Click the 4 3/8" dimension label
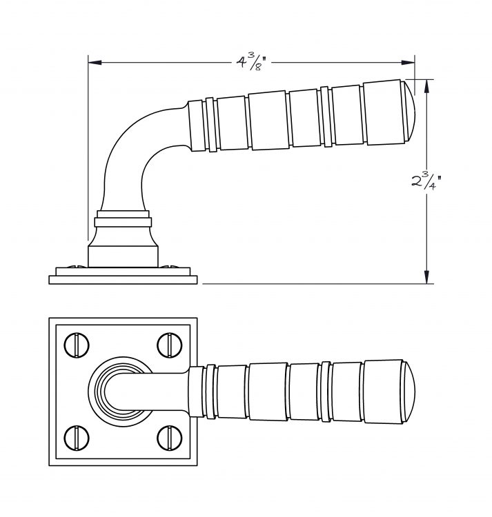[251, 62]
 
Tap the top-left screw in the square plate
[77, 345]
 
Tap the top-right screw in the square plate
[170, 345]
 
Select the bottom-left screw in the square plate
[77, 438]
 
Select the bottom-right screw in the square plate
[170, 438]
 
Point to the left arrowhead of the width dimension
[95, 62]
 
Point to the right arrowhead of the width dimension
[408, 62]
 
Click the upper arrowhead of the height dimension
[426, 86]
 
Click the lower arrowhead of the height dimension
[426, 276]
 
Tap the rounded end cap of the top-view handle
[409, 392]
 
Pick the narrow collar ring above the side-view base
[123, 222]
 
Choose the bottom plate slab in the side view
[123, 280]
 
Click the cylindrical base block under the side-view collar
[123, 256]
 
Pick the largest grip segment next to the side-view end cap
[384, 112]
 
